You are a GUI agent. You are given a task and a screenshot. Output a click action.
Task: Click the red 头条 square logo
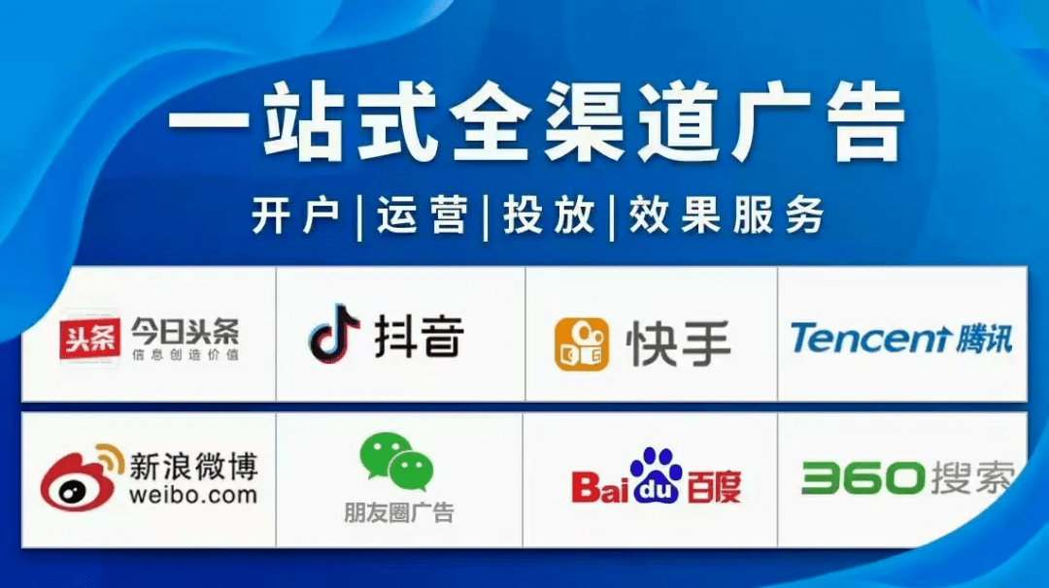[x=89, y=339]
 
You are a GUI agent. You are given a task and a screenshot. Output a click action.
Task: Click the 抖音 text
[x=420, y=336]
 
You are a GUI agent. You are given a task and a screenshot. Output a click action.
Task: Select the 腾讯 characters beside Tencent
[x=982, y=339]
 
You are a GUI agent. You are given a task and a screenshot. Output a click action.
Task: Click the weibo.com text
[x=193, y=495]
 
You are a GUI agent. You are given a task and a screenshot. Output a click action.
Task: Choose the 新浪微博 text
[x=193, y=467]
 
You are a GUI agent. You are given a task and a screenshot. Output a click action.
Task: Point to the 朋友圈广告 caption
[x=398, y=512]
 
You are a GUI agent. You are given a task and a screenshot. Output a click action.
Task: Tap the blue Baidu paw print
[x=658, y=476]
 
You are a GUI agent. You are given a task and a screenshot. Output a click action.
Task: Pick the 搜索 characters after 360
[x=971, y=477]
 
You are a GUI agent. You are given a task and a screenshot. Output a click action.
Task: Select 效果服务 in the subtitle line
[x=726, y=214]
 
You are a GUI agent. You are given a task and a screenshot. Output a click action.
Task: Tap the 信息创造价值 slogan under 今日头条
[x=185, y=355]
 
